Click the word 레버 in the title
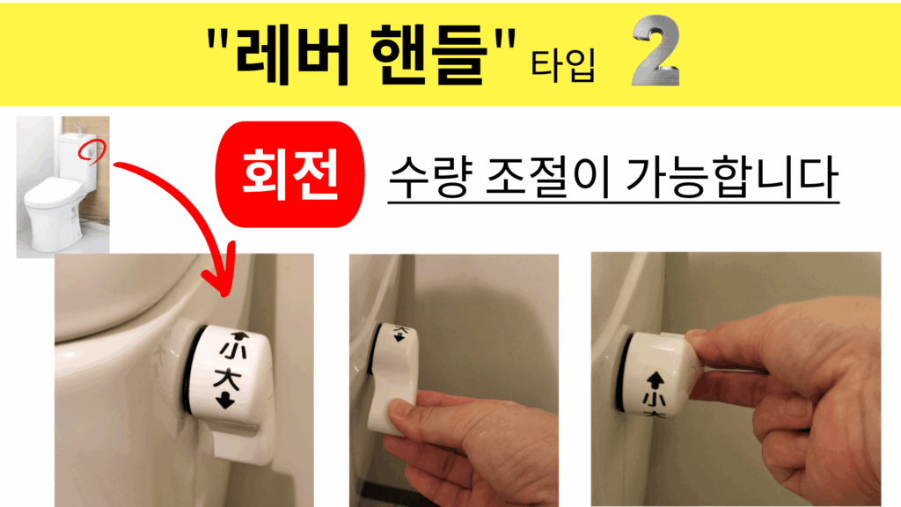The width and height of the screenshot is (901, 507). [x=292, y=55]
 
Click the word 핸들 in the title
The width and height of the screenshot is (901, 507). [x=429, y=55]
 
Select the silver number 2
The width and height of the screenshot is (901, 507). [x=656, y=51]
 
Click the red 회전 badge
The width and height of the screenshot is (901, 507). [x=289, y=174]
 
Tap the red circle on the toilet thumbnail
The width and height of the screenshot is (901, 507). [x=92, y=151]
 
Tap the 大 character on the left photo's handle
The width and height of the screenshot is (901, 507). [x=227, y=379]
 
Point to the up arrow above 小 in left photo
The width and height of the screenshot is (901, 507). [x=239, y=336]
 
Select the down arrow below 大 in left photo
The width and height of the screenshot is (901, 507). [x=225, y=400]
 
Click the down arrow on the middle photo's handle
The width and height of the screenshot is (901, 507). [x=399, y=337]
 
